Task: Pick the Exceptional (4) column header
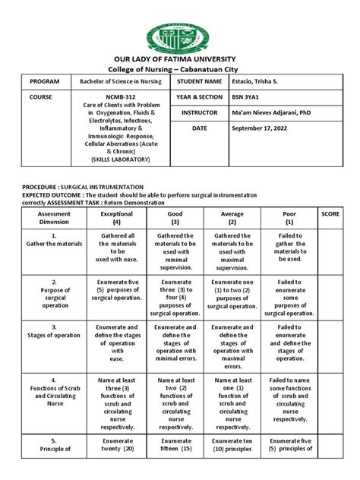(115, 218)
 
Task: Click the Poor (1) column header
(289, 218)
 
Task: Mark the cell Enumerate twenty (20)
(115, 445)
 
